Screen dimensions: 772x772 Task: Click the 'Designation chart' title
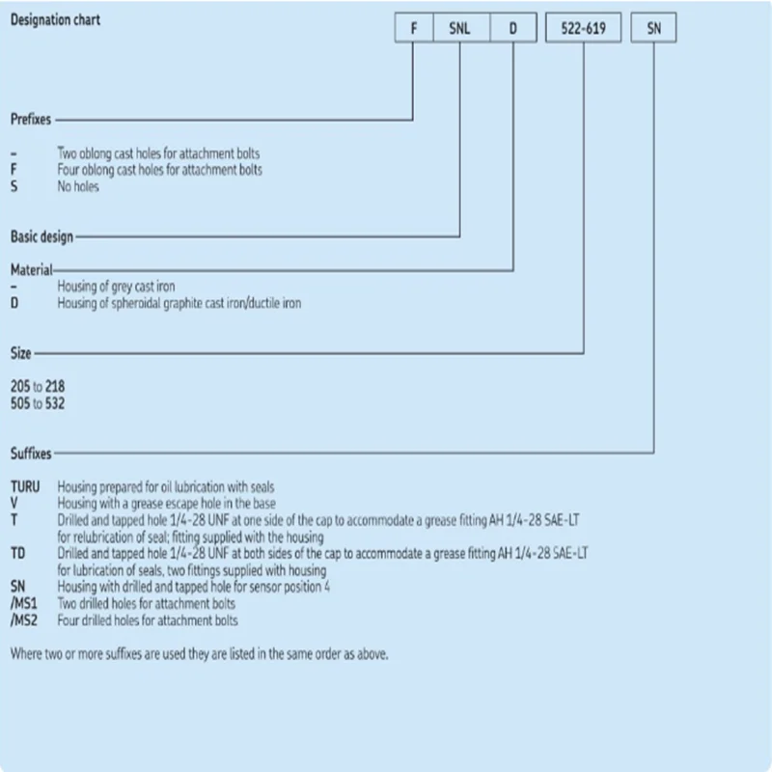click(54, 19)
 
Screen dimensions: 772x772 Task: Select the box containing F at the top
click(413, 29)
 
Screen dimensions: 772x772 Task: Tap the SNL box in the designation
click(459, 29)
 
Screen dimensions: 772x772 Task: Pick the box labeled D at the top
click(513, 29)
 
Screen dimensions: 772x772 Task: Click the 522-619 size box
click(583, 29)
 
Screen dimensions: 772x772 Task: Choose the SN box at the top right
click(653, 29)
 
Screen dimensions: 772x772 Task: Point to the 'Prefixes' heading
click(31, 121)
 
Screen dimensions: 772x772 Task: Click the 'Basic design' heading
click(41, 236)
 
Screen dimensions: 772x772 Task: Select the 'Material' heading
click(31, 270)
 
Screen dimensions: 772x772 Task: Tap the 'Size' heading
click(20, 354)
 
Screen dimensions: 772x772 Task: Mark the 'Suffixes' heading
click(31, 454)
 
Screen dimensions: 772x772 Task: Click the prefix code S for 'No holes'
click(14, 186)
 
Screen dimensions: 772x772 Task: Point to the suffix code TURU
click(26, 487)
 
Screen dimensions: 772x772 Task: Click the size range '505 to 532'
click(38, 403)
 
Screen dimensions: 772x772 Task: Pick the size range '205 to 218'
click(38, 387)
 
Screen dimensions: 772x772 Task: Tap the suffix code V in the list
click(14, 503)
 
